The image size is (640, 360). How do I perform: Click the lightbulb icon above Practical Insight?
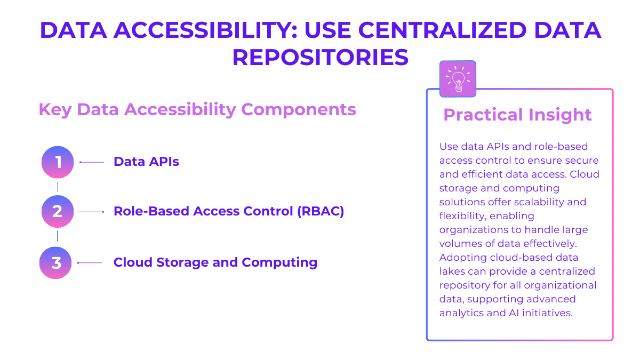click(x=458, y=79)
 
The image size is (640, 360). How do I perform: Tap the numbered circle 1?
click(x=58, y=162)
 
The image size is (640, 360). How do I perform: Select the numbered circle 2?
click(x=58, y=211)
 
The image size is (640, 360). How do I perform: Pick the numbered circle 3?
click(x=55, y=263)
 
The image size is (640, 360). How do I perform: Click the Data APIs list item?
click(x=146, y=162)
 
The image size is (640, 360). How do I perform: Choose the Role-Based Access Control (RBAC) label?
click(x=229, y=211)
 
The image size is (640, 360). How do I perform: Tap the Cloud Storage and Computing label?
click(x=215, y=262)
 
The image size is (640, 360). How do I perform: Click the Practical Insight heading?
click(x=517, y=115)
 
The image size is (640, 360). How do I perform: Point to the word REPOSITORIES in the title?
click(x=321, y=58)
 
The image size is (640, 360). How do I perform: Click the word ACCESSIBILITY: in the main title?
click(x=206, y=30)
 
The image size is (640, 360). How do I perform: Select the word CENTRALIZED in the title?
click(x=442, y=30)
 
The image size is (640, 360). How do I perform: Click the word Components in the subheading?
click(x=299, y=110)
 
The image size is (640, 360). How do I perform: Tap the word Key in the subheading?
click(x=55, y=110)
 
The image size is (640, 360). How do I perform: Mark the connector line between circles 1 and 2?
click(x=58, y=187)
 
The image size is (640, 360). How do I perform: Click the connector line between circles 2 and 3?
click(x=58, y=236)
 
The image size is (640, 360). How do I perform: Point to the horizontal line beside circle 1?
click(x=92, y=162)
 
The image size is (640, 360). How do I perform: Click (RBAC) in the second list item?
click(x=321, y=211)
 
